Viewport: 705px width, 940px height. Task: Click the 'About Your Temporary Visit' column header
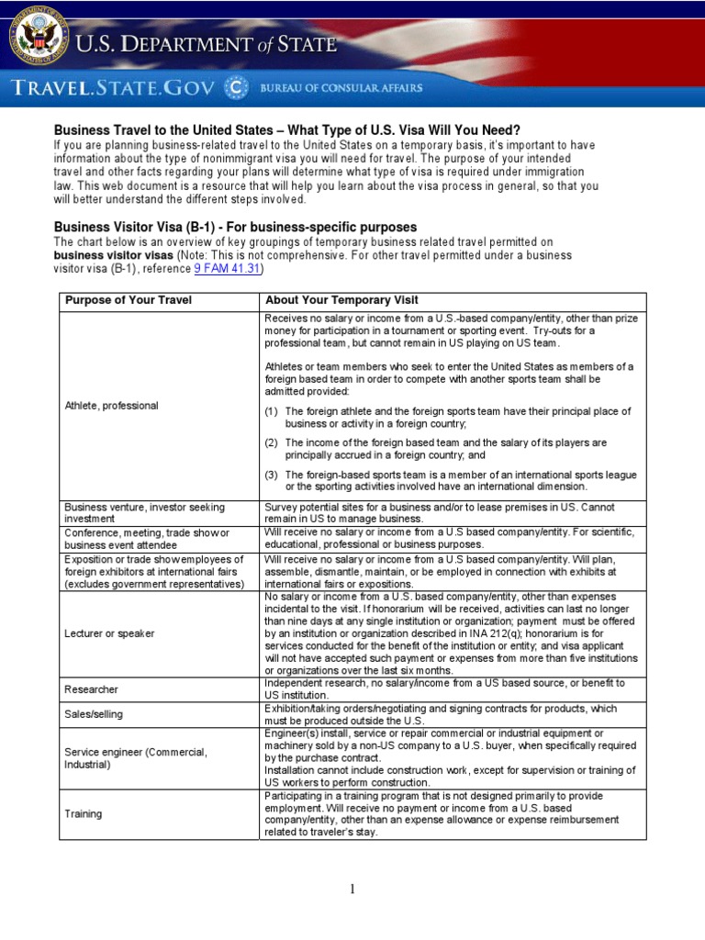341,300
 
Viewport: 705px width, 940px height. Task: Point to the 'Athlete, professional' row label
111,405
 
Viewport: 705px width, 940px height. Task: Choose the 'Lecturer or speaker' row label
108,633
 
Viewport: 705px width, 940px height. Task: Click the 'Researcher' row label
91,689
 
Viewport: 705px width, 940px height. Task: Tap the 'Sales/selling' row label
93,713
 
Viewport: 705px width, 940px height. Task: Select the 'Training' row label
83,813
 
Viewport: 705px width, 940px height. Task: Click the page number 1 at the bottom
352,889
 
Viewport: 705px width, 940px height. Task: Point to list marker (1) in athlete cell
272,411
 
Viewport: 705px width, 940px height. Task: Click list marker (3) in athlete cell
272,475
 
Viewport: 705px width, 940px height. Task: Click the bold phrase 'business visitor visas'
113,255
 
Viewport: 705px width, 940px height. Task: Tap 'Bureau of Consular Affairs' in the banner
341,88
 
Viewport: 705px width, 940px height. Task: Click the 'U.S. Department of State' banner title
206,43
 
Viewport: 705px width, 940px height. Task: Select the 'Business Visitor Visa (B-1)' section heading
235,227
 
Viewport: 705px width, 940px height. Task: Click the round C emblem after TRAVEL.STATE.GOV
237,88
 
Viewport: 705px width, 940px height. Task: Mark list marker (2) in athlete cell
272,442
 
